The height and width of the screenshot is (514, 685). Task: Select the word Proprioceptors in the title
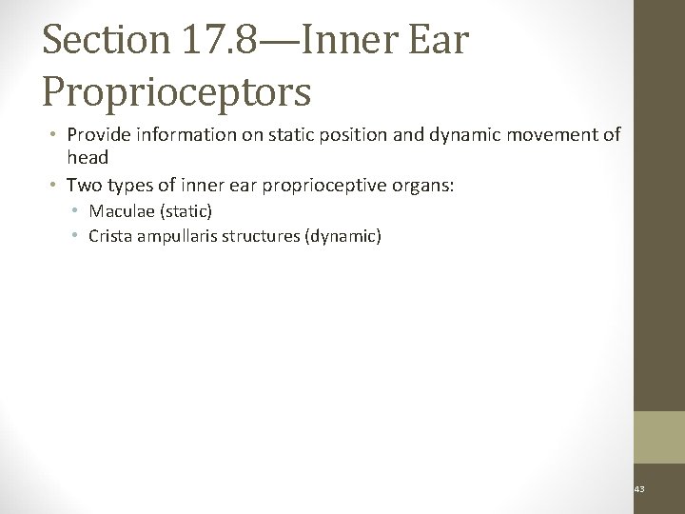(176, 91)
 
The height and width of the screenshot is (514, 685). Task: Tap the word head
(88, 156)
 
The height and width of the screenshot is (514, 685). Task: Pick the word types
(124, 185)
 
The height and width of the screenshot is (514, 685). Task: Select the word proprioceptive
(323, 185)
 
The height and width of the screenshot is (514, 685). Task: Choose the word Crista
(108, 235)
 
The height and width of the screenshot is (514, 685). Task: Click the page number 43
(638, 489)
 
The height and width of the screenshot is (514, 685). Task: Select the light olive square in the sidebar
(658, 437)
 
